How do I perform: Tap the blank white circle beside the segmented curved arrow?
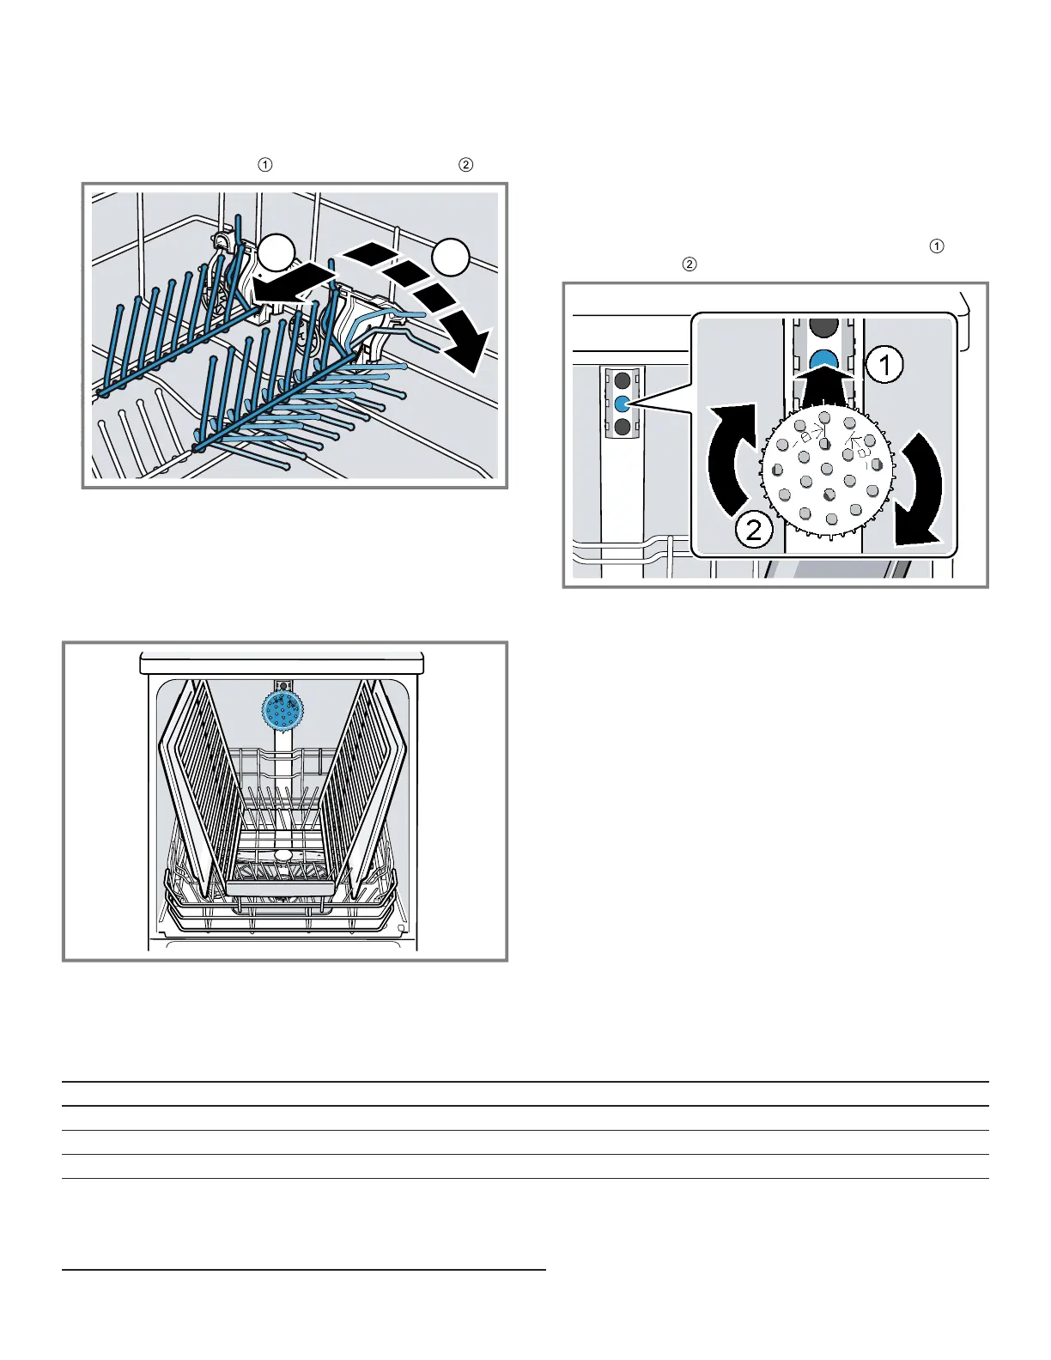(x=451, y=257)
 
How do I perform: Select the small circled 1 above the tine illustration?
(x=266, y=165)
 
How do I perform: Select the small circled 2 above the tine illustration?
(x=465, y=165)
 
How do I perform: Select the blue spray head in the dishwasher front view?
(x=282, y=710)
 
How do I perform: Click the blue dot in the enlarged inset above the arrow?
(x=823, y=360)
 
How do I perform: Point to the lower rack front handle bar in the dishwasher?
(x=281, y=888)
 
